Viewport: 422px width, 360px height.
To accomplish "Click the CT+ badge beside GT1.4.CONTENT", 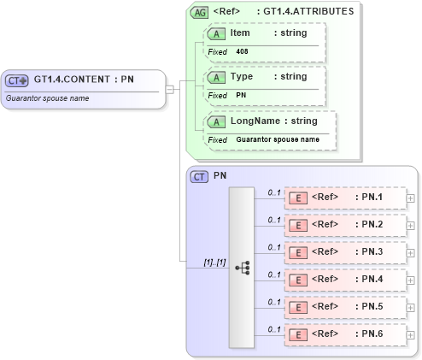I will [17, 80].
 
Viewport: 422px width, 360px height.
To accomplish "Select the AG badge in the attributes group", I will [200, 13].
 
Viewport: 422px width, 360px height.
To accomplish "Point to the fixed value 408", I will [243, 51].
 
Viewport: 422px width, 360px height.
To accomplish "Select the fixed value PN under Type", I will [241, 95].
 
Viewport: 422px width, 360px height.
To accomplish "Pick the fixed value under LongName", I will [278, 139].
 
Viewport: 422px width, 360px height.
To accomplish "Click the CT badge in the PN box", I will [200, 176].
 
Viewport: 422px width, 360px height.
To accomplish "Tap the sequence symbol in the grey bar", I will [242, 267].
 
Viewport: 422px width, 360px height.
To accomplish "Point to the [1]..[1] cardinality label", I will [214, 262].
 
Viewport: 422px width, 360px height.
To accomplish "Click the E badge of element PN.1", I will [299, 198].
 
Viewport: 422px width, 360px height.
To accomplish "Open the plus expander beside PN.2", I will [411, 226].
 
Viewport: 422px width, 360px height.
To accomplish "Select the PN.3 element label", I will [368, 252].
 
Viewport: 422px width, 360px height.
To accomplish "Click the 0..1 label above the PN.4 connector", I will [273, 274].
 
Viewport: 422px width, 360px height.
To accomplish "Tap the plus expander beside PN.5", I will [411, 307].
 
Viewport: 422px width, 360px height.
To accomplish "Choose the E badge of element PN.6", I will [299, 333].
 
